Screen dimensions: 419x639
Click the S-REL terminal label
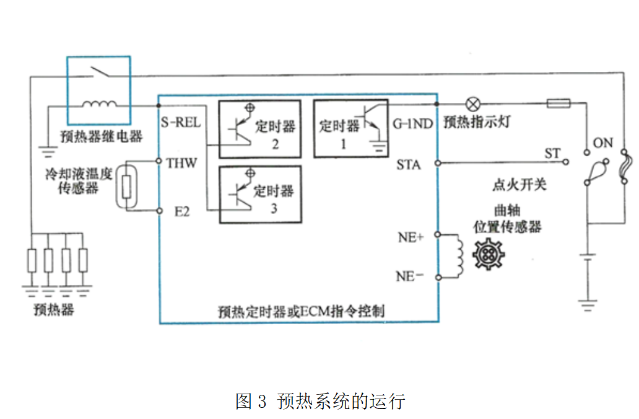181,123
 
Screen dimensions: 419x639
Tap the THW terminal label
181,163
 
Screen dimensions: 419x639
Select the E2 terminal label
181,211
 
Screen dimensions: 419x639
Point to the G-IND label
413,123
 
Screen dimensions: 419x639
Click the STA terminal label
409,165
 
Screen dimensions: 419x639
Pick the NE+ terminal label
411,236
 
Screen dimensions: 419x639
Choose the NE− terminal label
410,276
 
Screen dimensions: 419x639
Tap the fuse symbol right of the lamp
559,104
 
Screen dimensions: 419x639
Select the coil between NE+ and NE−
458,255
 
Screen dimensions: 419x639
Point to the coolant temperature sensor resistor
127,186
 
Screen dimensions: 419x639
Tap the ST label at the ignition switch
552,153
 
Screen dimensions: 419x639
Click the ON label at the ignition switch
602,143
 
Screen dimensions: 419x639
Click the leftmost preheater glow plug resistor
32,261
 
